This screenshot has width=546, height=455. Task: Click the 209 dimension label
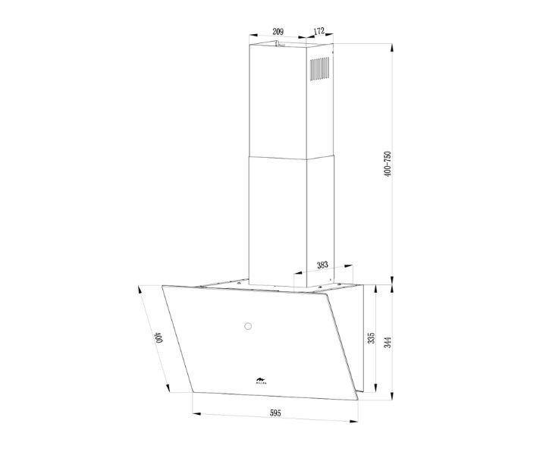278,31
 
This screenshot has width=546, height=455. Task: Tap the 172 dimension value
318,31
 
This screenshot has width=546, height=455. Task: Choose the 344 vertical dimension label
388,341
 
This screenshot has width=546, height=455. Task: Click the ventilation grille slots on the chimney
320,71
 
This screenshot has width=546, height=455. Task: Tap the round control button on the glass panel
247,327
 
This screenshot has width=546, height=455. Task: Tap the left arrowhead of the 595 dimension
195,415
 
